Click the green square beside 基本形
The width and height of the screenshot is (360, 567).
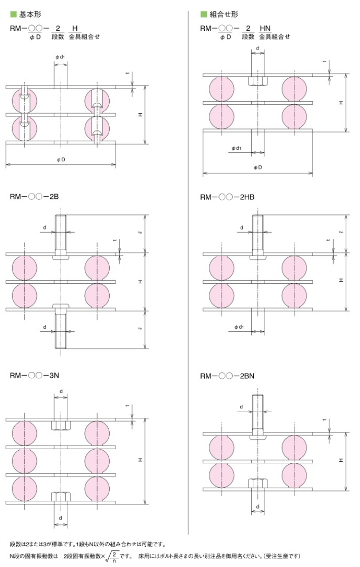pos(13,15)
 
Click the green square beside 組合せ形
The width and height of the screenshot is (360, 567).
pos(203,15)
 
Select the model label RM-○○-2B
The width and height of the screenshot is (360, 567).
pos(34,197)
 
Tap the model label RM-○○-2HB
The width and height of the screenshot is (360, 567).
pos(227,197)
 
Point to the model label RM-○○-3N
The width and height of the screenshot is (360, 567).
pos(34,375)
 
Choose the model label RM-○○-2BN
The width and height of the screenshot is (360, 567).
pos(227,376)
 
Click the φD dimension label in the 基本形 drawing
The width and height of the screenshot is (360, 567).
pos(61,160)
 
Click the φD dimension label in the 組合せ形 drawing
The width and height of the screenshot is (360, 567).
pos(257,167)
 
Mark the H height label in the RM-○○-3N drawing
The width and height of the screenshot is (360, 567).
pos(140,460)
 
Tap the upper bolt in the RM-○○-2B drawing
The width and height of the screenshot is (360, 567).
pos(61,237)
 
